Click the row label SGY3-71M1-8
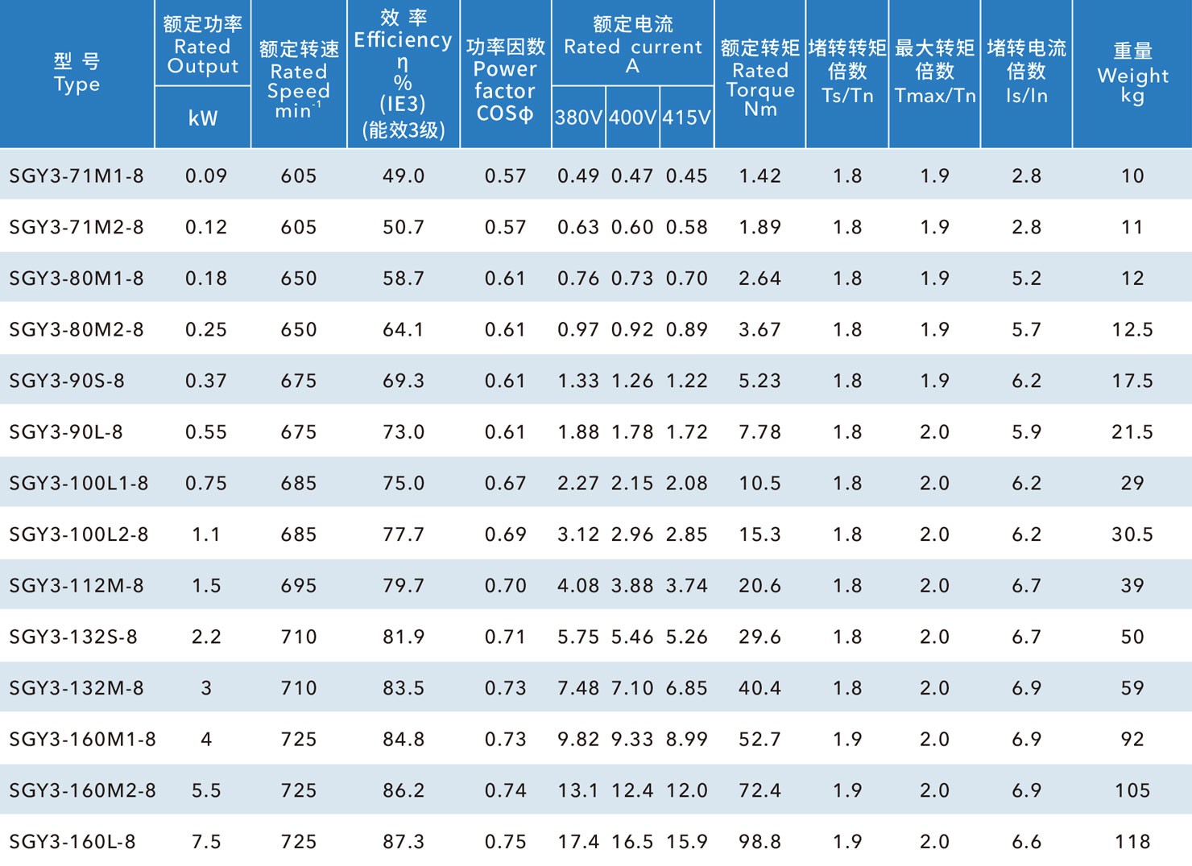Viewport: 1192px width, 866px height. (77, 175)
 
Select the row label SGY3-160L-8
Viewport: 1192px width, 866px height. (72, 842)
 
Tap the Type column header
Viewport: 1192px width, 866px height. (77, 73)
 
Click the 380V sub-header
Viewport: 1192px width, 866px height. (578, 118)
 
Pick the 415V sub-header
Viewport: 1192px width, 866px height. (686, 118)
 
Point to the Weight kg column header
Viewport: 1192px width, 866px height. (1132, 73)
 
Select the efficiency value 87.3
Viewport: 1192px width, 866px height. (404, 842)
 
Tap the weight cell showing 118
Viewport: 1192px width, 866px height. (1132, 842)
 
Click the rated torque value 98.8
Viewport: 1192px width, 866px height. (759, 842)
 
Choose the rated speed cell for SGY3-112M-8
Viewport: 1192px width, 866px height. (299, 586)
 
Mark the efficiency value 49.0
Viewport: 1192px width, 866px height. (404, 175)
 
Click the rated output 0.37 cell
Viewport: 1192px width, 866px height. (206, 381)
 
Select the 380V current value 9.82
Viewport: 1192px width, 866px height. (578, 739)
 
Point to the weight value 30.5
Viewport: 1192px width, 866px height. (1132, 534)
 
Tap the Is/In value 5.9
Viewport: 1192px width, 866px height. (1026, 432)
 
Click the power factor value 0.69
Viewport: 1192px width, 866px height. (505, 534)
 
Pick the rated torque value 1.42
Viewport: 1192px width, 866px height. (759, 175)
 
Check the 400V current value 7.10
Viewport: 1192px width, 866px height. (632, 688)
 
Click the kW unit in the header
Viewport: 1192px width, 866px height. (203, 118)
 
